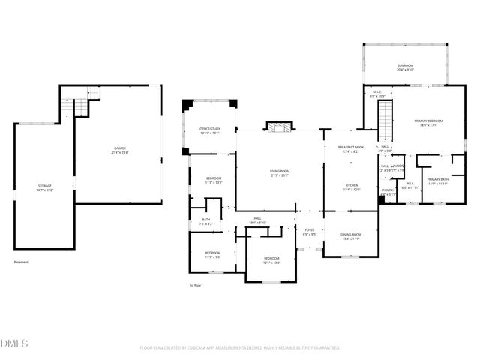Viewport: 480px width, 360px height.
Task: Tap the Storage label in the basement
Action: [x=46, y=187]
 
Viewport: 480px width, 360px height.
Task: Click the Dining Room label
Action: [x=351, y=236]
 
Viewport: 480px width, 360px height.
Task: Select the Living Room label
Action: [x=280, y=173]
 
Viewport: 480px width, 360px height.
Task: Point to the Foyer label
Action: [x=309, y=232]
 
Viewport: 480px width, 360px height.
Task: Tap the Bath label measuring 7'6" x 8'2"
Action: [x=206, y=222]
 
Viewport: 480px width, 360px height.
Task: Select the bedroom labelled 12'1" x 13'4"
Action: [x=271, y=260]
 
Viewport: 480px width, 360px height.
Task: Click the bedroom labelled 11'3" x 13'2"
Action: [x=214, y=180]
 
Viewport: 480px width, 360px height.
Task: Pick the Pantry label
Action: [x=388, y=192]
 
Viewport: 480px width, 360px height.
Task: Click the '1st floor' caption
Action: [x=196, y=286]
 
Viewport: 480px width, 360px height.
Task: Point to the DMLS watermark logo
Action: [x=15, y=343]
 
